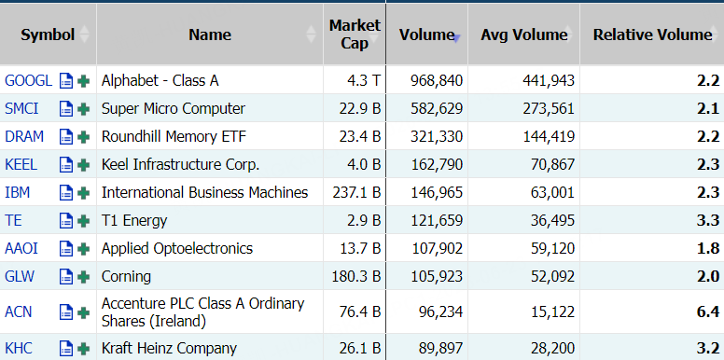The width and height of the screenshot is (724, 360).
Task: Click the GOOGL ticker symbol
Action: (28, 81)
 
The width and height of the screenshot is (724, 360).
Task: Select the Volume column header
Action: (426, 35)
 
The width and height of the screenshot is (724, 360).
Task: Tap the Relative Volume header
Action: (652, 35)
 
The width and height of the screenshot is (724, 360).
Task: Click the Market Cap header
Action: (355, 35)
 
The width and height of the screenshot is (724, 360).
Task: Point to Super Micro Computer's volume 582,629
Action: (437, 109)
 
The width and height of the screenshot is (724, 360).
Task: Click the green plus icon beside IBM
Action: (84, 192)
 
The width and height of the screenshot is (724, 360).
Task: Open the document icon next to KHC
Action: (66, 348)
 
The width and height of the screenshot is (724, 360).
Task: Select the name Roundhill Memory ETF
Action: (174, 136)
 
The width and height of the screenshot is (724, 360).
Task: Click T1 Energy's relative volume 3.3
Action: (708, 221)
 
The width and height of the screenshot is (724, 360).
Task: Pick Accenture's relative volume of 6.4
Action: (708, 312)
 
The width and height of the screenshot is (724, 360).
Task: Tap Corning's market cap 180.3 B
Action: (356, 276)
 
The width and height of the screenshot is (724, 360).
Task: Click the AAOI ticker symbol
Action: (21, 249)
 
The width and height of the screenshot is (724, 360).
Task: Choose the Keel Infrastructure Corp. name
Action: (181, 165)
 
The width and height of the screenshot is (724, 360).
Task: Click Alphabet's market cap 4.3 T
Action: (364, 81)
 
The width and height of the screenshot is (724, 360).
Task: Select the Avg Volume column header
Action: (524, 35)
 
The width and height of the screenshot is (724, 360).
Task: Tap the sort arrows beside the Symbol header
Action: (84, 35)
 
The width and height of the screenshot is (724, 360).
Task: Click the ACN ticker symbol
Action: (19, 312)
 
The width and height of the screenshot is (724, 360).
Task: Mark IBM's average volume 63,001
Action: (552, 192)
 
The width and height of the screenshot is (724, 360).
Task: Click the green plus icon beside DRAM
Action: (84, 136)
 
